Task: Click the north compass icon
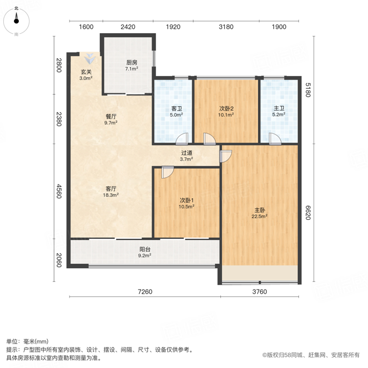pyautogui.click(x=16, y=21)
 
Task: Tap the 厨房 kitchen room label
pyautogui.click(x=132, y=63)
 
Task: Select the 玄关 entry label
pyautogui.click(x=86, y=72)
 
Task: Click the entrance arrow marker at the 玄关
pyautogui.click(x=90, y=58)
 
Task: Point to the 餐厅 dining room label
pyautogui.click(x=111, y=116)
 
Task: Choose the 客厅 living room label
pyautogui.click(x=111, y=189)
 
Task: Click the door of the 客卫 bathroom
pyautogui.click(x=182, y=139)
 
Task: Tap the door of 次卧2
pyautogui.click(x=209, y=139)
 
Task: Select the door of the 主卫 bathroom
pyautogui.click(x=275, y=139)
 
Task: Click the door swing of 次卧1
pyautogui.click(x=167, y=172)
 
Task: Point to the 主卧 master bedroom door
pyautogui.click(x=226, y=156)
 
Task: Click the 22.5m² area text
pyautogui.click(x=259, y=216)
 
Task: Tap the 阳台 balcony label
pyautogui.click(x=145, y=249)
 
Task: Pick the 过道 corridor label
pyautogui.click(x=187, y=153)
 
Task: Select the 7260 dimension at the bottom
pyautogui.click(x=145, y=292)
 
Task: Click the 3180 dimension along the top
pyautogui.click(x=226, y=27)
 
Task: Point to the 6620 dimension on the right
pyautogui.click(x=308, y=213)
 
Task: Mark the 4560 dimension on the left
pyautogui.click(x=59, y=191)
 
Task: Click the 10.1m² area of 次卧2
pyautogui.click(x=226, y=115)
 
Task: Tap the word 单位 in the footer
pyautogui.click(x=12, y=341)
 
